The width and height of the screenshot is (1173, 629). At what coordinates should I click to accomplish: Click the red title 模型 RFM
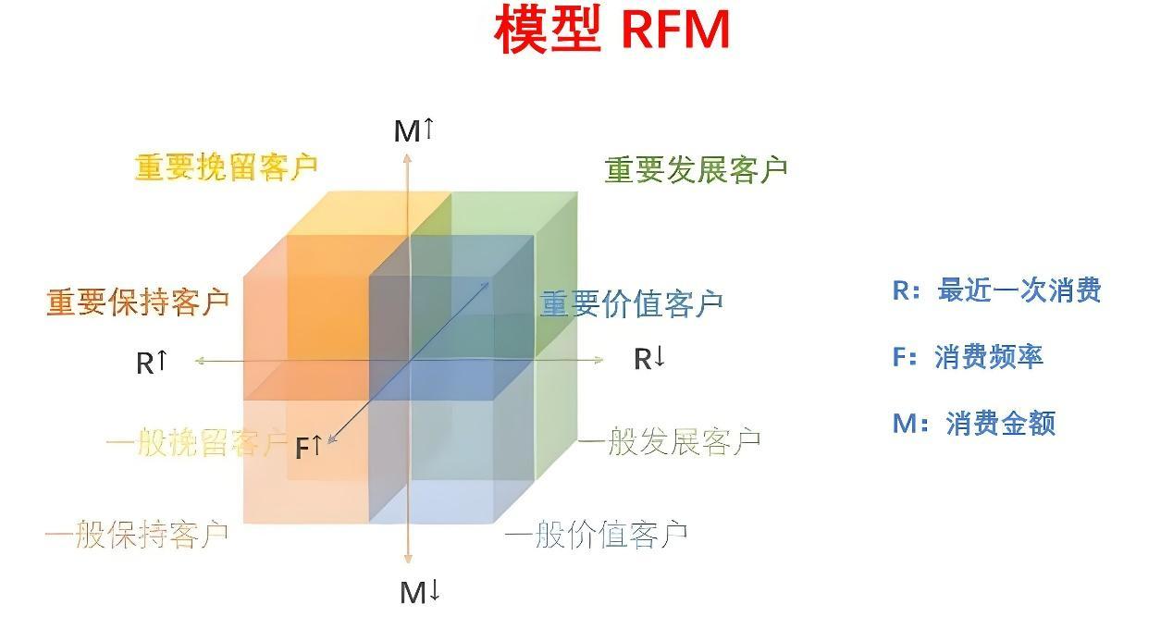coord(611,30)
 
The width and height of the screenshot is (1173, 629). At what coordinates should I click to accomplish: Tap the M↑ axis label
coord(414,130)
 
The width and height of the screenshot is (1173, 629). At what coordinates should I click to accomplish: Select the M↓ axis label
coord(419,592)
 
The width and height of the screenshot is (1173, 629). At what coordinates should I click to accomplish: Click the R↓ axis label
coord(649,359)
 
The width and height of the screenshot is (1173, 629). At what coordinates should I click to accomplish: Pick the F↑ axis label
coord(309,448)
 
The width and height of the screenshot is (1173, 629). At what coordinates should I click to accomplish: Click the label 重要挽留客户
coord(227,166)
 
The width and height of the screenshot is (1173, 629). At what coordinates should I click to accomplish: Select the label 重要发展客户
coord(696,169)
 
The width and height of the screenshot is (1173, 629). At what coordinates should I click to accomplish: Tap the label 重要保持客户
coord(138,302)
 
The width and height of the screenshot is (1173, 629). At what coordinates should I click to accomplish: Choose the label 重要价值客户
coord(631,303)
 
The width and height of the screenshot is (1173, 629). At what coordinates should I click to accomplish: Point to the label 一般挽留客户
coord(196,442)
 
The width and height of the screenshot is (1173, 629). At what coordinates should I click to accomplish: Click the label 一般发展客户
coord(670,441)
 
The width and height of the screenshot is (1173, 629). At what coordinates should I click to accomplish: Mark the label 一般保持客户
coord(137,535)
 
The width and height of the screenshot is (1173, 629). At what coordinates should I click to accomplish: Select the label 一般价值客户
coord(596,534)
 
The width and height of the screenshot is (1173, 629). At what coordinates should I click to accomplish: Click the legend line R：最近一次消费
coord(996,290)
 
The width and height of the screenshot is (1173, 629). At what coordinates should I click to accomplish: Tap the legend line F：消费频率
coord(968,357)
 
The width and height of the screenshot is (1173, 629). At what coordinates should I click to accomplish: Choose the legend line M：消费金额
coord(974,424)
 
